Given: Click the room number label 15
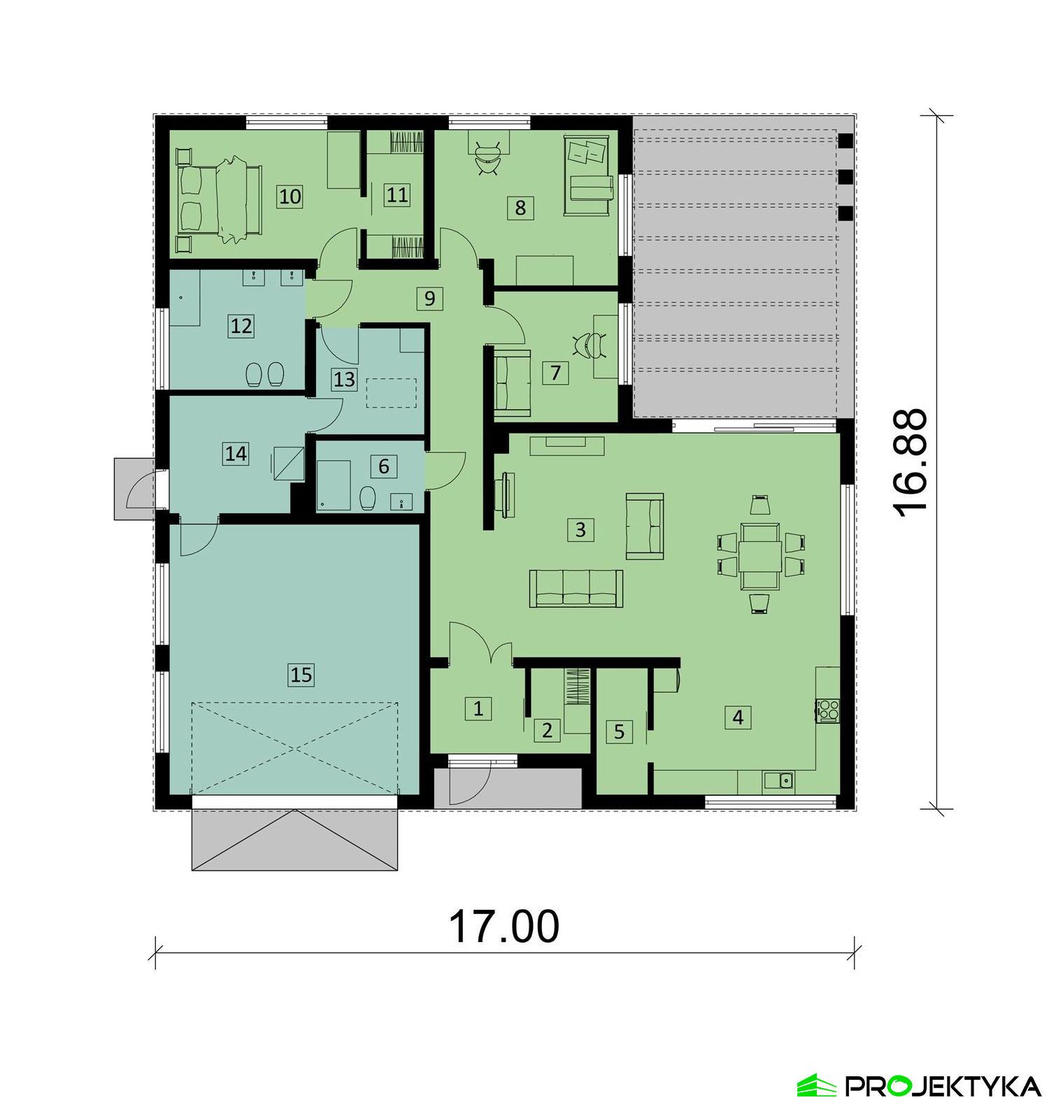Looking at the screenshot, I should (301, 675).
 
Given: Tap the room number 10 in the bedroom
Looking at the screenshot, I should (290, 196).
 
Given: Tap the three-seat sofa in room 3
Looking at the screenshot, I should (576, 588).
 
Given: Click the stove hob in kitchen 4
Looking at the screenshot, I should (829, 710).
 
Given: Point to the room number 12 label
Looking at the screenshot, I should (241, 326).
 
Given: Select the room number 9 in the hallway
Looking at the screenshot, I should (429, 299).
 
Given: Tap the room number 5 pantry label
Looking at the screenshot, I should (618, 731).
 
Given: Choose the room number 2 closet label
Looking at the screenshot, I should (547, 731).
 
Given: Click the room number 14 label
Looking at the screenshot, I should (236, 454).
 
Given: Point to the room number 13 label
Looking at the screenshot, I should (344, 380).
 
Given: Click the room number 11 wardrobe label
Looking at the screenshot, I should (397, 194).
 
